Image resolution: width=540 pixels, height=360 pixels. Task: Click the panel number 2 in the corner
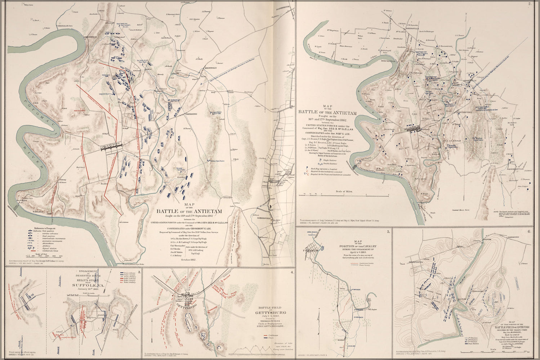(530, 4)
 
